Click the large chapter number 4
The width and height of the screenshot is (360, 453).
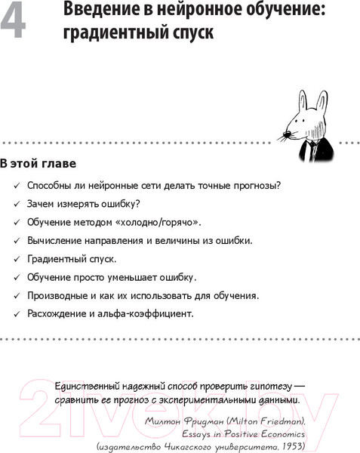15,21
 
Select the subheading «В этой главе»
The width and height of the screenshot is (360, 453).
38,163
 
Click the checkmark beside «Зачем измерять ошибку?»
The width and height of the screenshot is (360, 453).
17,204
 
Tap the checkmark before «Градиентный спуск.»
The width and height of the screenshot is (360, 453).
17,259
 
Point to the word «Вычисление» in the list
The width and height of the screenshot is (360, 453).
56,240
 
